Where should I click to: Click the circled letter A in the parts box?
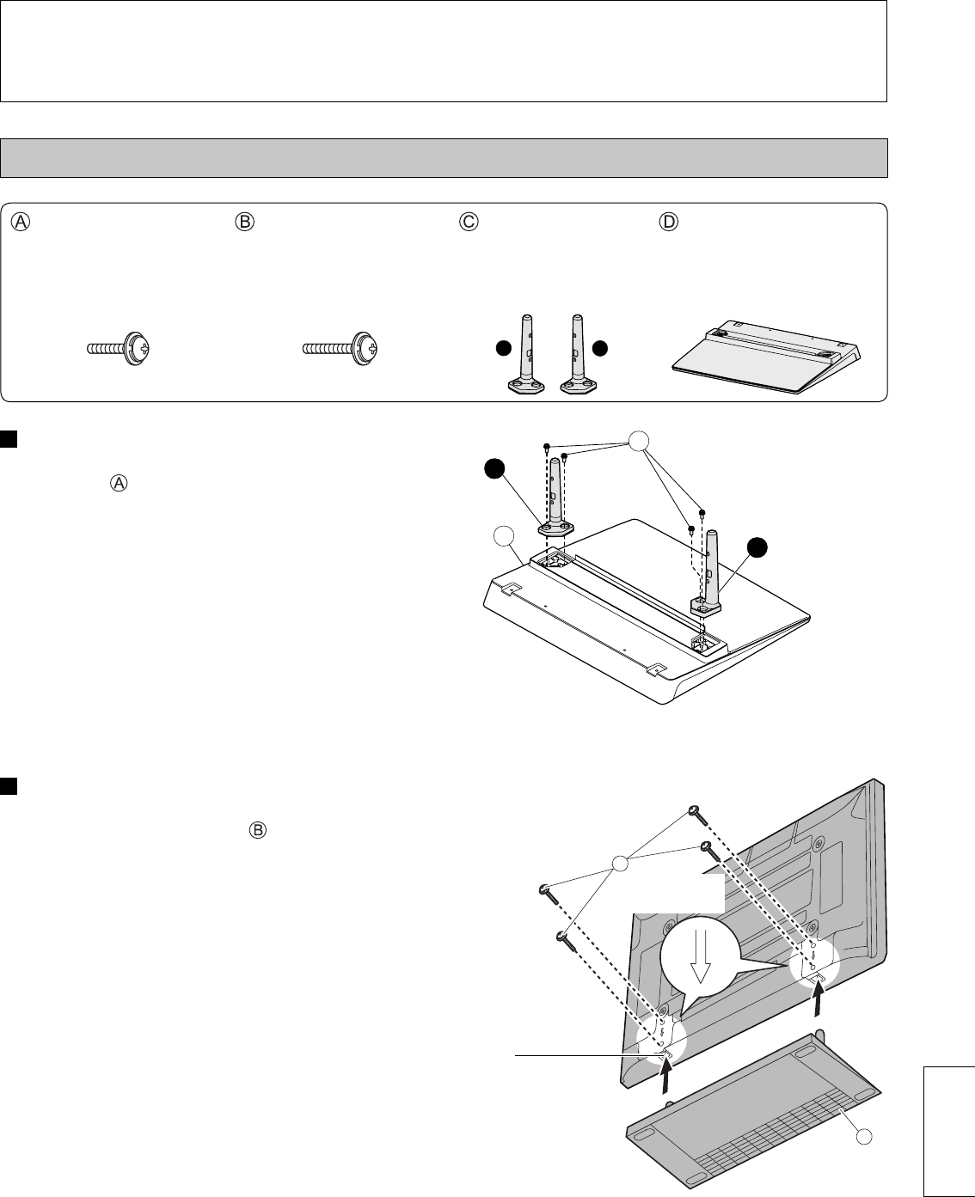point(21,221)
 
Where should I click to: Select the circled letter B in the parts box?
point(245,221)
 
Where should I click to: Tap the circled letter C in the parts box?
point(469,221)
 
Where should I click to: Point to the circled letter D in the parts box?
point(668,221)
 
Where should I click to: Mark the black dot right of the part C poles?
point(600,349)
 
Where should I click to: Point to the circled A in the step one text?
point(120,483)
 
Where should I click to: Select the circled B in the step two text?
point(258,831)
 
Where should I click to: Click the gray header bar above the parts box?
point(445,157)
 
